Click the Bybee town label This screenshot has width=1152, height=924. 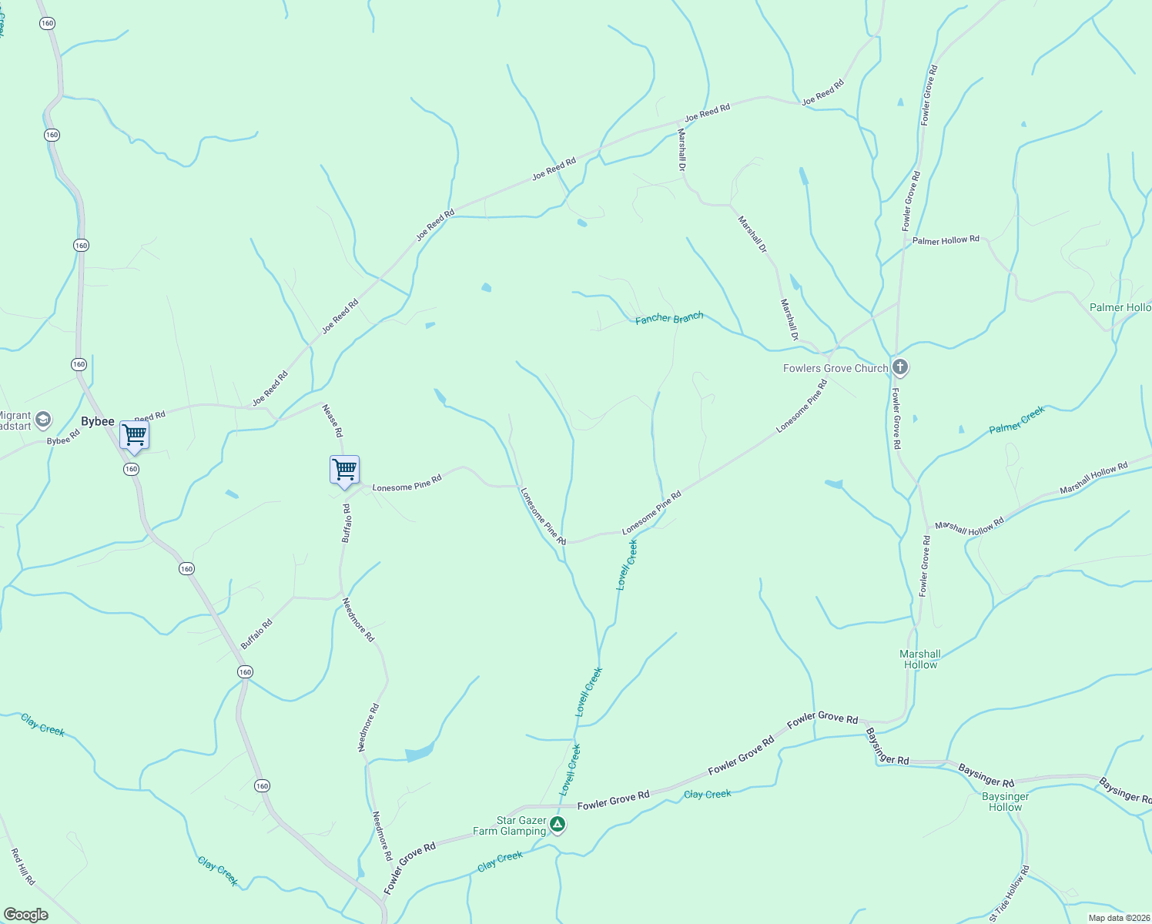(x=98, y=421)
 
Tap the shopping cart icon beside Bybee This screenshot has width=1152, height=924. (x=134, y=435)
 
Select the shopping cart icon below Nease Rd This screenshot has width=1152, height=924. (x=344, y=470)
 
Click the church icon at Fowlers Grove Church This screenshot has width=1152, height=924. (x=900, y=367)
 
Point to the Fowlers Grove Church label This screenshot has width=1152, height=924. (x=836, y=368)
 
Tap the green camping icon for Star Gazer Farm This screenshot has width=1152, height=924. (x=558, y=825)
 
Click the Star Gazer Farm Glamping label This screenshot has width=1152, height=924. (x=521, y=826)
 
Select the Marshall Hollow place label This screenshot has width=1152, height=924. (x=920, y=659)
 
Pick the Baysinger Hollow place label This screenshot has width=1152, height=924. (x=1005, y=802)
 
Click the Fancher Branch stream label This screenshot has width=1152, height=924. (x=669, y=318)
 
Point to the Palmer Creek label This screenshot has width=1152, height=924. (x=1016, y=420)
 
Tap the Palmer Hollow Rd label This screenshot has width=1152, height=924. (x=946, y=240)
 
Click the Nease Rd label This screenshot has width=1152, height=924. (x=332, y=420)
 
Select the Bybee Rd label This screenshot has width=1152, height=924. (x=63, y=440)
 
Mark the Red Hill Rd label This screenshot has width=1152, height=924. (x=23, y=866)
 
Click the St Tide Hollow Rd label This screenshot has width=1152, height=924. (x=1009, y=894)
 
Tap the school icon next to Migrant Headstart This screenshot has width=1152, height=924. (x=44, y=420)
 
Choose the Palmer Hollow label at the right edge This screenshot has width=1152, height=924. (x=1120, y=307)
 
